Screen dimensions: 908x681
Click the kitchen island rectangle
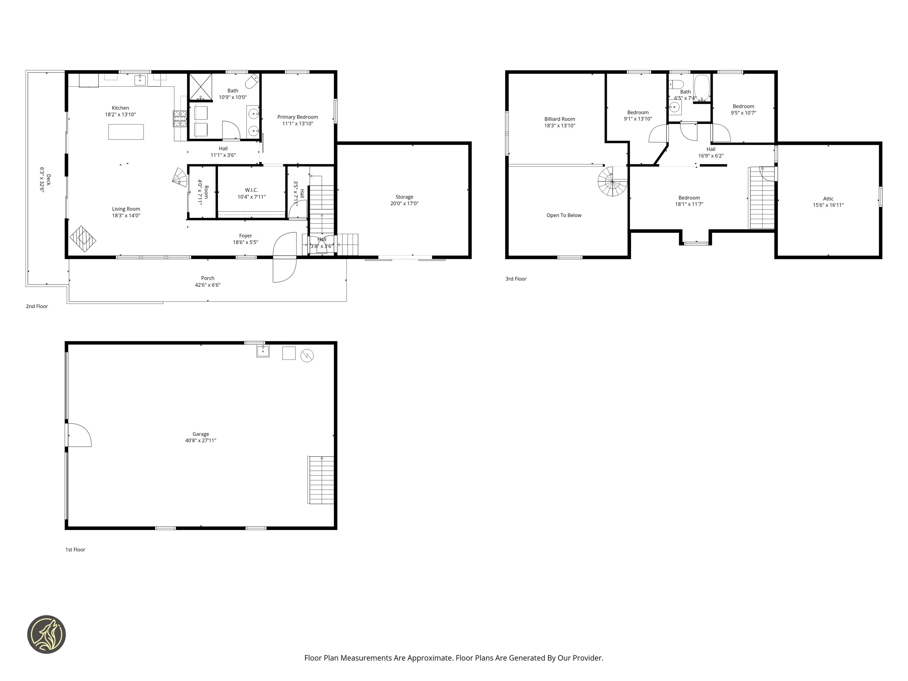coord(126,132)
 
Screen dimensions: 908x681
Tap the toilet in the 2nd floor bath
coord(252,82)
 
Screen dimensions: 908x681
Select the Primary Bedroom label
coord(298,117)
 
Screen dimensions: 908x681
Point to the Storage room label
coord(404,197)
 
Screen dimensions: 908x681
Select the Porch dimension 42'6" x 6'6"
coord(208,285)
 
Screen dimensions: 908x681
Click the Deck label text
coord(49,180)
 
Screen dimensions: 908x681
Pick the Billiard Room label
coord(560,119)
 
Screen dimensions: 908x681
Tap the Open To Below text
coord(564,215)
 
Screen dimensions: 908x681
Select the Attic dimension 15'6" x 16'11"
coord(828,205)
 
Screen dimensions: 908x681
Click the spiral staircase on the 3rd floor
coord(612,181)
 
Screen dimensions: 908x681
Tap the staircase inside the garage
coord(321,480)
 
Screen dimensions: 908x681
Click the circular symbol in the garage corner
coord(307,356)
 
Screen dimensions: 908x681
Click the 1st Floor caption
coord(75,550)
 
